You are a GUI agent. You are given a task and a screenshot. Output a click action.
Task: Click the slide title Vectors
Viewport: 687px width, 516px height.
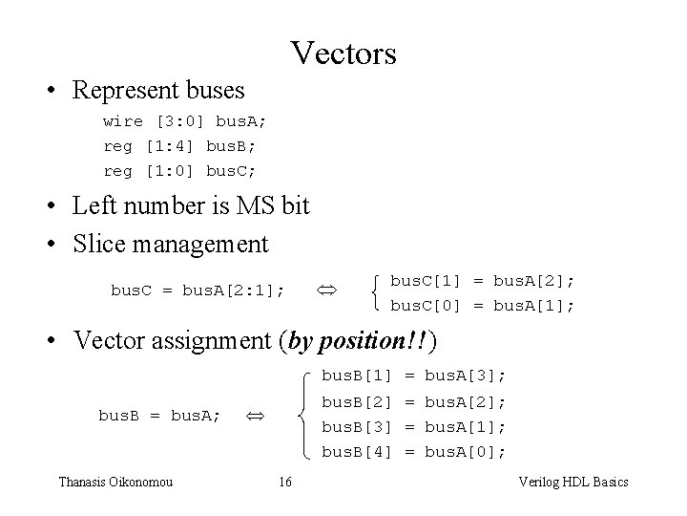(343, 53)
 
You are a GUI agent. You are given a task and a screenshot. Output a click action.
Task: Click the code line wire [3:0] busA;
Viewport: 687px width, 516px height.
(185, 121)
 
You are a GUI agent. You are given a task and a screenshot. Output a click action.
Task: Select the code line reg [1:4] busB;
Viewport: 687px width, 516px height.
(179, 146)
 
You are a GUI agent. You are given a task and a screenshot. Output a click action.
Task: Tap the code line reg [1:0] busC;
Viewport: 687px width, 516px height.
(179, 171)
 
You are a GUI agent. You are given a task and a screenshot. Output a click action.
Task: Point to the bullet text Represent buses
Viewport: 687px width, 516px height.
(158, 91)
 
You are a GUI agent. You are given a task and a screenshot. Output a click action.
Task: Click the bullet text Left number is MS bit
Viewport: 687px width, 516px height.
(191, 205)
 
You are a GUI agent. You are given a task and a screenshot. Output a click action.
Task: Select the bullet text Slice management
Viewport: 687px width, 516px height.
(171, 245)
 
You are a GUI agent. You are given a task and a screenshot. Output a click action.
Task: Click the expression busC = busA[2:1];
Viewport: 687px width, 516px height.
(198, 289)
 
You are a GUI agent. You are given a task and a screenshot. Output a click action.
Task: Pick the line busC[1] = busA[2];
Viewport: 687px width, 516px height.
(483, 281)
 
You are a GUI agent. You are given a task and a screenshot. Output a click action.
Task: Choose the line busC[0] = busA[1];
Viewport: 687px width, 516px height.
(483, 306)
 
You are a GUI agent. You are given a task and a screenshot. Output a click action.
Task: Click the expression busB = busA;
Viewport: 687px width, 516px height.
(159, 415)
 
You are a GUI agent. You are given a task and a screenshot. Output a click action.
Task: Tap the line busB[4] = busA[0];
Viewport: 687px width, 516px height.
(413, 451)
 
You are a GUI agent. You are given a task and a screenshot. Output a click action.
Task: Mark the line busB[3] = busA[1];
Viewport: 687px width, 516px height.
(413, 426)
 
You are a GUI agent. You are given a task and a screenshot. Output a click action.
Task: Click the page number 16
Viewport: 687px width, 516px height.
(285, 482)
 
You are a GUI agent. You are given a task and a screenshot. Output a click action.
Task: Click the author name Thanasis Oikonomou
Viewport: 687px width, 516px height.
(115, 482)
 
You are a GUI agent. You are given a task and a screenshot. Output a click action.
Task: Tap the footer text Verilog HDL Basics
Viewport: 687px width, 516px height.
(572, 482)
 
